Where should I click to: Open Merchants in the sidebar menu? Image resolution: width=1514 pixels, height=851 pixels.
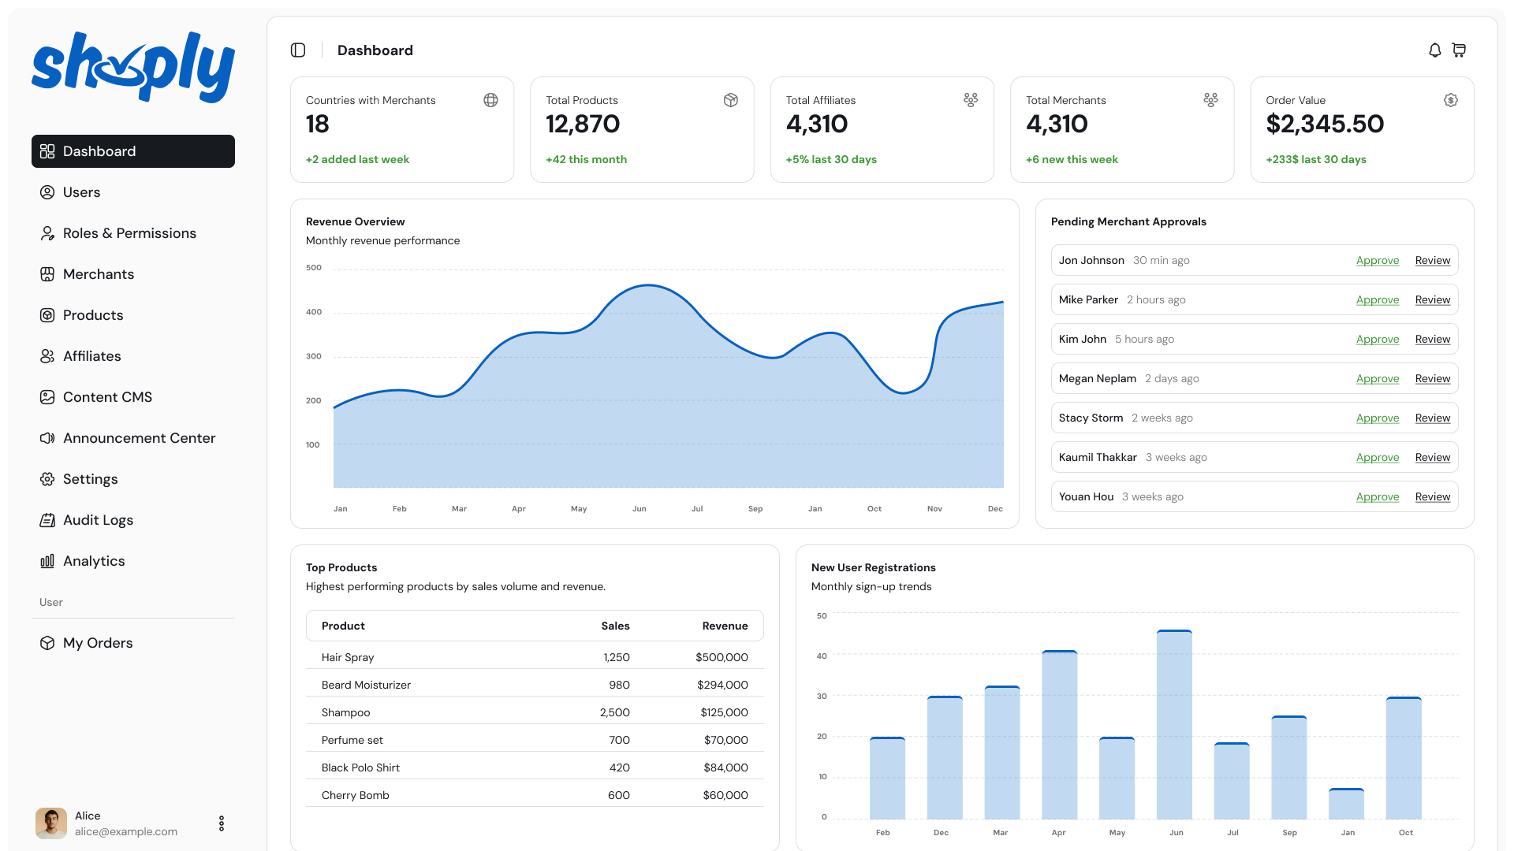99,274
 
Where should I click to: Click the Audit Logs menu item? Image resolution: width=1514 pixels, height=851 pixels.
98,520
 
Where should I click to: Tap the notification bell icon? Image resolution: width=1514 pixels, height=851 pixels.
1435,50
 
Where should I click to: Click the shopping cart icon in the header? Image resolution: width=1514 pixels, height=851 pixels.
1459,50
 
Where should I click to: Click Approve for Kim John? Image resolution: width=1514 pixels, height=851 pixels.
1378,339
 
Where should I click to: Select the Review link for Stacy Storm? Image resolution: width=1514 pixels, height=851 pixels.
1433,418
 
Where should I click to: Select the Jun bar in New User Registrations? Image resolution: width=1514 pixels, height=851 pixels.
1174,725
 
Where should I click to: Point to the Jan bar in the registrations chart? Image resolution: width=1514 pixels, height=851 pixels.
1346,804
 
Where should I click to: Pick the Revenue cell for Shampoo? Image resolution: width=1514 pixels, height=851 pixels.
724,712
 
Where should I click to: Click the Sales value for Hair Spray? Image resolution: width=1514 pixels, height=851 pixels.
617,657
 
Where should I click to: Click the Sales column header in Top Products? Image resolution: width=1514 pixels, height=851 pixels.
615,626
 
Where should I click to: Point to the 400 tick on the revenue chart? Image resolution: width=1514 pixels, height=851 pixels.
314,312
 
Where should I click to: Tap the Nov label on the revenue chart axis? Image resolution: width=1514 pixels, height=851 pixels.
934,509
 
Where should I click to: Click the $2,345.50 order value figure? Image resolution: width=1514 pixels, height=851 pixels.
1325,124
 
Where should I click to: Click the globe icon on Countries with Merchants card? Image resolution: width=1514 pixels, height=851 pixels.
490,100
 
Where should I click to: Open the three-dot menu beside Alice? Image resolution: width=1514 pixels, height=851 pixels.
222,823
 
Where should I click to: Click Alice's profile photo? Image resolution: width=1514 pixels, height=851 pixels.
51,823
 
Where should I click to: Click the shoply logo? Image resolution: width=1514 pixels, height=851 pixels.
133,67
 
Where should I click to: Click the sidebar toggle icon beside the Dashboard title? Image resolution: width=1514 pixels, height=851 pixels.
298,50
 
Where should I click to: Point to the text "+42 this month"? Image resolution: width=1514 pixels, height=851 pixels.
586,159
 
